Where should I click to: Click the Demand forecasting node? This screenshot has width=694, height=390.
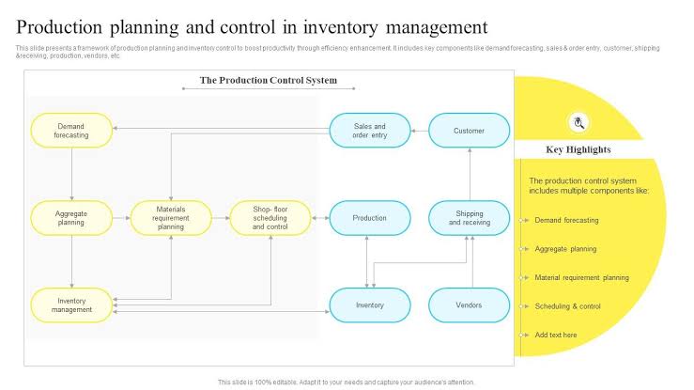(x=71, y=131)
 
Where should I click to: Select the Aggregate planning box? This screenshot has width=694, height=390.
(x=71, y=218)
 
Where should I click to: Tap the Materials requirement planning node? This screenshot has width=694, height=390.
(x=171, y=218)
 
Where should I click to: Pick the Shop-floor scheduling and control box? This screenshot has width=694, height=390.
(x=270, y=218)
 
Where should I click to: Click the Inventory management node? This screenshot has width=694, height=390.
(x=71, y=305)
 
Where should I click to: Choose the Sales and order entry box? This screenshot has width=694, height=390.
(x=370, y=131)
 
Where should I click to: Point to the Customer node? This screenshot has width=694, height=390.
(x=470, y=131)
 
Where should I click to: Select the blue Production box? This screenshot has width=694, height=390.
(x=370, y=218)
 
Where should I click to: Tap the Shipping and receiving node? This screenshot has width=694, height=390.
(x=470, y=218)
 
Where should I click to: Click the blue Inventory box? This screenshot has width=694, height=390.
(x=370, y=305)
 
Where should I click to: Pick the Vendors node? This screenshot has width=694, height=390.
(x=470, y=305)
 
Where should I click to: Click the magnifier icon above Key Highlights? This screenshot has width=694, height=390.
(x=578, y=122)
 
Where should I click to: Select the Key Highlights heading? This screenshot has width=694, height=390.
(x=578, y=149)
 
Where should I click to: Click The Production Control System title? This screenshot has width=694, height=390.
(x=269, y=80)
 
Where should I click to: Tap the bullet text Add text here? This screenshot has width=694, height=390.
(x=556, y=335)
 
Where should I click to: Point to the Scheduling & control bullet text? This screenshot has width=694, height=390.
(x=567, y=306)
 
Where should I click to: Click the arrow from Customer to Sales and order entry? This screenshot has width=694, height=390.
(x=420, y=131)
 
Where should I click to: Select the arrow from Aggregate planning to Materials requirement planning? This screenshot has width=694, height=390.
(x=121, y=218)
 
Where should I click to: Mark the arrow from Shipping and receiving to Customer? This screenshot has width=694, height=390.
(x=470, y=174)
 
